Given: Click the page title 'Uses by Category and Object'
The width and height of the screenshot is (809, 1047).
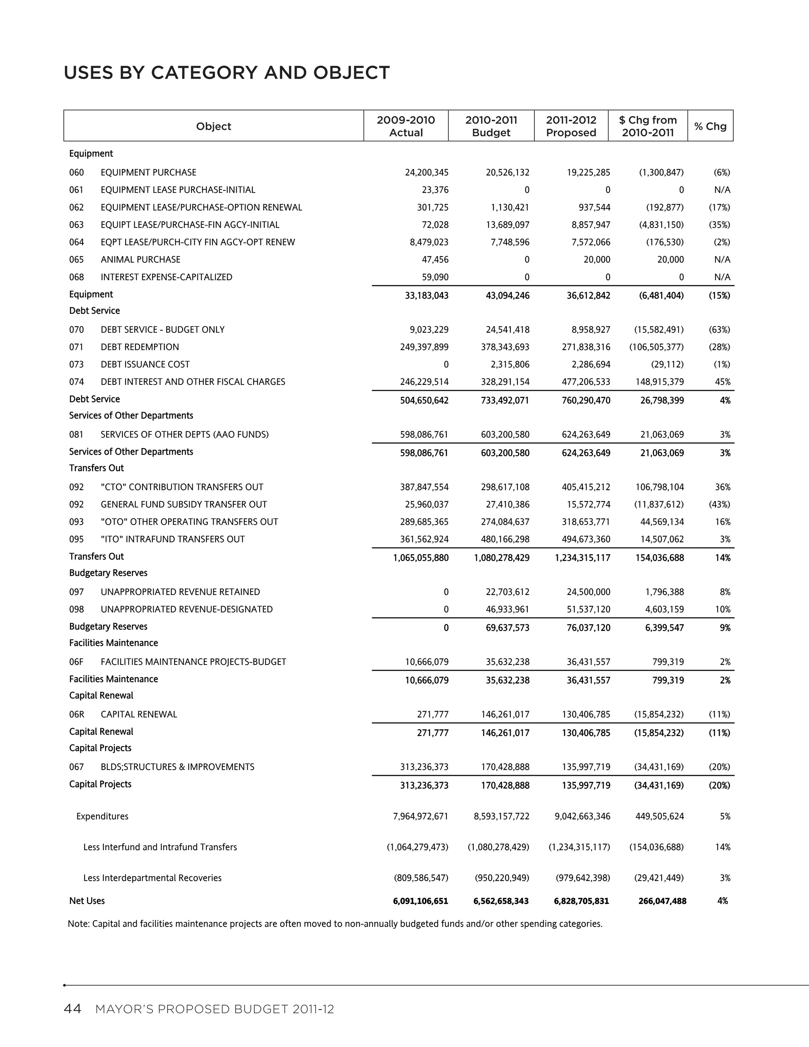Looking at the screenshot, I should pyautogui.click(x=227, y=73).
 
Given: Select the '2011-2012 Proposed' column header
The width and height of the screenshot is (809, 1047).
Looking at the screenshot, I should pyautogui.click(x=571, y=126).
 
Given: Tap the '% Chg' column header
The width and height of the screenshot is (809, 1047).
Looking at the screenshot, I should pyautogui.click(x=710, y=126).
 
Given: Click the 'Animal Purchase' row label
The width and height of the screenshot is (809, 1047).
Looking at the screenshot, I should pyautogui.click(x=140, y=259).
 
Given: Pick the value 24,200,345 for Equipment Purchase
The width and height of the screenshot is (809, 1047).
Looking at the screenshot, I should pyautogui.click(x=427, y=172).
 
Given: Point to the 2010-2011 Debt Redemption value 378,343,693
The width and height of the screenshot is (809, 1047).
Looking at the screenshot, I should pyautogui.click(x=505, y=346).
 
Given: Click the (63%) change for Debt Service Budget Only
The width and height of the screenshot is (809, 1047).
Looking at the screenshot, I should pyautogui.click(x=719, y=330).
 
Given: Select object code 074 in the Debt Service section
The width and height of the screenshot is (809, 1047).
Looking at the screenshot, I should pyautogui.click(x=76, y=382).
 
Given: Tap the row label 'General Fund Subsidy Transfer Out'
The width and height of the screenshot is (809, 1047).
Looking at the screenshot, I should pyautogui.click(x=184, y=504).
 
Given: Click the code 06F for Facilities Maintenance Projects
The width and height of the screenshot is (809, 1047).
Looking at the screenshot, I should pyautogui.click(x=76, y=661).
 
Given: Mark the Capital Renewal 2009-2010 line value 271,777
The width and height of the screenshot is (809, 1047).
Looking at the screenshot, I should pyautogui.click(x=433, y=714).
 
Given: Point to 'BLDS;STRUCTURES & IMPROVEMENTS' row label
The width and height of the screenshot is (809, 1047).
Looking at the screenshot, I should pyautogui.click(x=177, y=766).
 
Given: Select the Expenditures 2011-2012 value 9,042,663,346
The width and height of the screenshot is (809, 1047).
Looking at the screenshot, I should pyautogui.click(x=582, y=816).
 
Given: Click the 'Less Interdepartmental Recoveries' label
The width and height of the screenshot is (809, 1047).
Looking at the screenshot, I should pyautogui.click(x=152, y=878).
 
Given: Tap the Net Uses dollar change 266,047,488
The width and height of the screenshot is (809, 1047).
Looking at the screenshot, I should pyautogui.click(x=662, y=901).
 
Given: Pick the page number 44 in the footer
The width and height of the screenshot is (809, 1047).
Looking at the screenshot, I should pyautogui.click(x=72, y=1009).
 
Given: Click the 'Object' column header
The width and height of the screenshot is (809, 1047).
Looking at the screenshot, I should pyautogui.click(x=213, y=126).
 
